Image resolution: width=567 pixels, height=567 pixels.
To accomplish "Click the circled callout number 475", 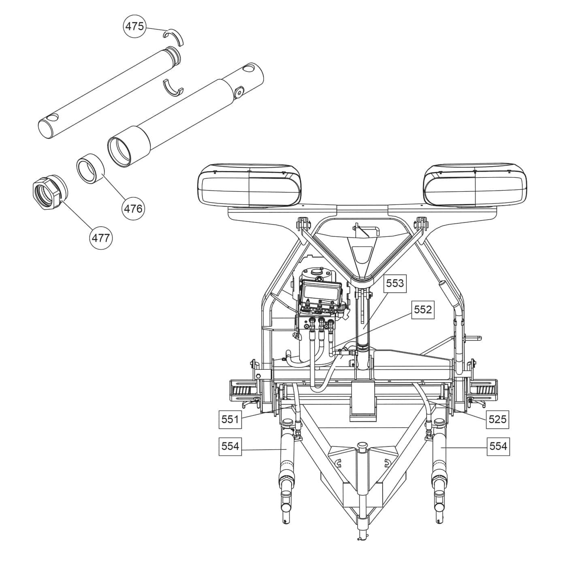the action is (134, 26).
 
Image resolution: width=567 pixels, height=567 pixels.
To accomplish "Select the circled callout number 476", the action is (133, 209).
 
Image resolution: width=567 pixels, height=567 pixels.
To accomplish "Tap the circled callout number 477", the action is (101, 238).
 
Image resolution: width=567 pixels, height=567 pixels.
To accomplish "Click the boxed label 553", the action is (395, 283).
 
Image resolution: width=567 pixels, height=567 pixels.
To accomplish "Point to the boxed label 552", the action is (423, 310).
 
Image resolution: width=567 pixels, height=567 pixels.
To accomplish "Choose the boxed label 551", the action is (230, 419).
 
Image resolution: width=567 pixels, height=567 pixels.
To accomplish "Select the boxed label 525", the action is (497, 419).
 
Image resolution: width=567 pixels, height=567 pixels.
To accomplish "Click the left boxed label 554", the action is (230, 446).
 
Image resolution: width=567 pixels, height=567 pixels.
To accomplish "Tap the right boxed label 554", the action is (498, 446).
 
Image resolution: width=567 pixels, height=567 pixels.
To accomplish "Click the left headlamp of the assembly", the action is (250, 185).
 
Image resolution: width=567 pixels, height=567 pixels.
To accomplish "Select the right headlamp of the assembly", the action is (475, 185).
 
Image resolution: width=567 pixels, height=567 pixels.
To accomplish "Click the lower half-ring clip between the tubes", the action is (174, 88).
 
